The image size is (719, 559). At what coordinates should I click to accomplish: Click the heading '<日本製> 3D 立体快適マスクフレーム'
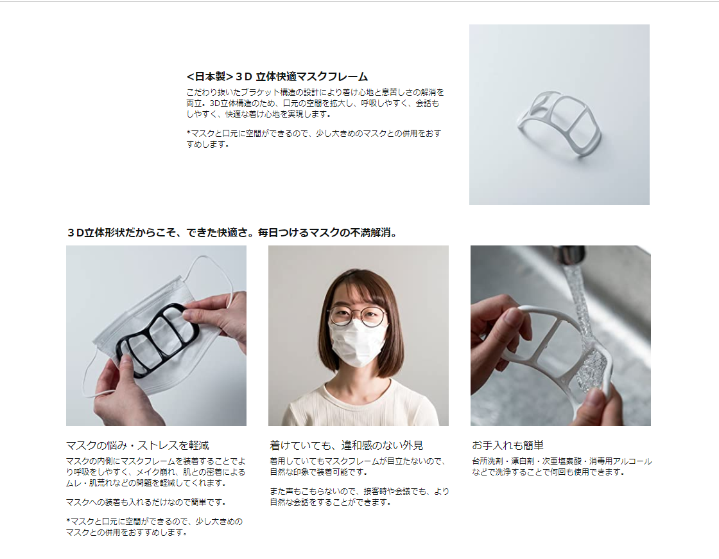pyautogui.click(x=277, y=76)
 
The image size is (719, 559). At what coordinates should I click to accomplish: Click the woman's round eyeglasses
pyautogui.click(x=357, y=315)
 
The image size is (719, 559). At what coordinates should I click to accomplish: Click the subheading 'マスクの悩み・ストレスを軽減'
pyautogui.click(x=137, y=445)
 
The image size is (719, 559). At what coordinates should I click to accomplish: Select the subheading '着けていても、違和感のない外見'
pyautogui.click(x=346, y=445)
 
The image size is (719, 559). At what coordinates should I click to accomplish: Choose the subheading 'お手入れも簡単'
pyautogui.click(x=508, y=445)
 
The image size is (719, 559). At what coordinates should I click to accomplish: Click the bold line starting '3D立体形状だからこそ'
pyautogui.click(x=232, y=233)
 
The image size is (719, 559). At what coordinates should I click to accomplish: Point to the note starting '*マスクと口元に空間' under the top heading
pyautogui.click(x=314, y=139)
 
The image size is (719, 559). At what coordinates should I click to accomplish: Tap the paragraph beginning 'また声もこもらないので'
pyautogui.click(x=359, y=497)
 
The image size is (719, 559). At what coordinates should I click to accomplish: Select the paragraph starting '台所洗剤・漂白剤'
pyautogui.click(x=562, y=466)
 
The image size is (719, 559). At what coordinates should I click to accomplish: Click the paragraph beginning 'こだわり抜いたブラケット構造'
pyautogui.click(x=315, y=103)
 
